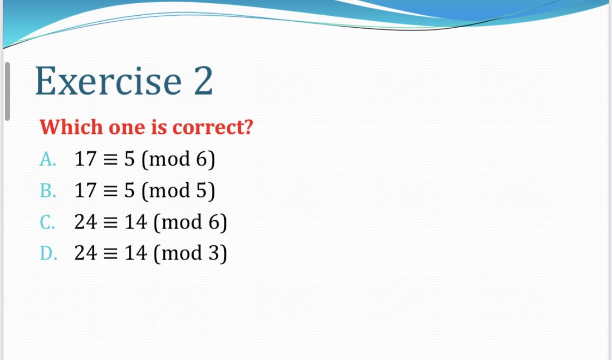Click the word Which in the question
click(71, 127)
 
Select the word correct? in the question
click(213, 127)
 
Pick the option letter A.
click(48, 159)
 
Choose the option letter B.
click(48, 190)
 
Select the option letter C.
click(48, 222)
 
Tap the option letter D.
click(48, 253)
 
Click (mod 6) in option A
click(178, 159)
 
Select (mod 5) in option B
click(178, 190)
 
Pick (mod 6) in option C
click(190, 222)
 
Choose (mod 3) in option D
click(190, 253)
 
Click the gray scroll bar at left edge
click(7, 91)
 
